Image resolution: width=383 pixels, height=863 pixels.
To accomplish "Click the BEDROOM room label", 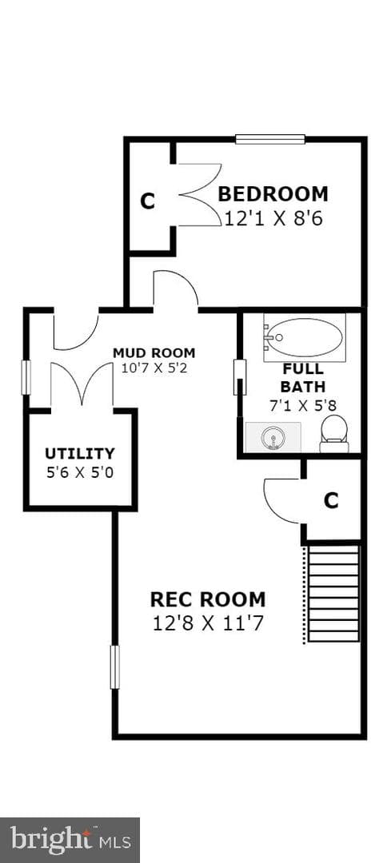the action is pyautogui.click(x=273, y=194).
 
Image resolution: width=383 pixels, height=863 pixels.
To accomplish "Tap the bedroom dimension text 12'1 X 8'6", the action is pyautogui.click(x=273, y=218).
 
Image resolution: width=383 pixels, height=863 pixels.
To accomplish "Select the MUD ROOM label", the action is pyautogui.click(x=154, y=353).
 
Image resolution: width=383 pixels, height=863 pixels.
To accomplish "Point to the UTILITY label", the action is pyautogui.click(x=80, y=454).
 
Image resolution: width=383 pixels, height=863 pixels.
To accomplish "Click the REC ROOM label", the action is pyautogui.click(x=209, y=599).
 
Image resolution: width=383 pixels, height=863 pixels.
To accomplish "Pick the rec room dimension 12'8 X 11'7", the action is pyautogui.click(x=209, y=623).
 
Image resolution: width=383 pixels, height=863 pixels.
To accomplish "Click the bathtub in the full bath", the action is pyautogui.click(x=304, y=337).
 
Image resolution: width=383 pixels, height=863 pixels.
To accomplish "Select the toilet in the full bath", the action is pyautogui.click(x=334, y=434).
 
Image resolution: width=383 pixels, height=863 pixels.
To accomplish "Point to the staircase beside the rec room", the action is pyautogui.click(x=333, y=593).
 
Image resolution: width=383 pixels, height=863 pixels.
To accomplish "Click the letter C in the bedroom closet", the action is pyautogui.click(x=147, y=201).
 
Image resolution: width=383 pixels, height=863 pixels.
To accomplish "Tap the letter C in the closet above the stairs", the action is pyautogui.click(x=331, y=501).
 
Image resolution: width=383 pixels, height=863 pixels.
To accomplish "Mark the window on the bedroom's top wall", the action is pyautogui.click(x=270, y=139).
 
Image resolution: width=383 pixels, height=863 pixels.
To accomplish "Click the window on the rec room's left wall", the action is pyautogui.click(x=114, y=667).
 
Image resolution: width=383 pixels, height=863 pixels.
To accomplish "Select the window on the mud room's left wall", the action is pyautogui.click(x=26, y=377).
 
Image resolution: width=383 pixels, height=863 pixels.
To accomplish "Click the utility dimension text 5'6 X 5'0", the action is pyautogui.click(x=80, y=472).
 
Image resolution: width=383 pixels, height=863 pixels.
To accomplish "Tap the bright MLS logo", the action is pyautogui.click(x=70, y=841).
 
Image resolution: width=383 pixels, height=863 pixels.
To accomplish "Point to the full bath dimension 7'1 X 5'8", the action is pyautogui.click(x=303, y=406).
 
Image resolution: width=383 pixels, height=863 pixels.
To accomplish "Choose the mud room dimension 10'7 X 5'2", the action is pyautogui.click(x=154, y=368).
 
